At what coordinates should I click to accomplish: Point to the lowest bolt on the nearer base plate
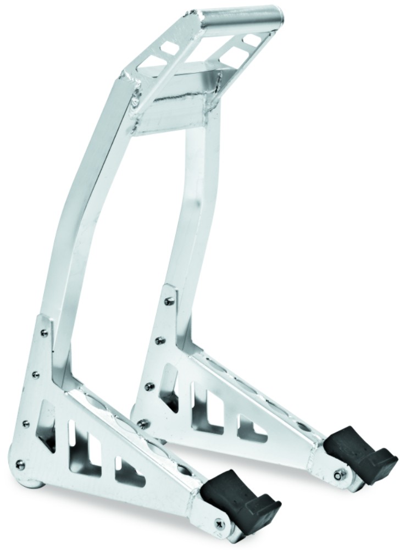[x=20, y=465]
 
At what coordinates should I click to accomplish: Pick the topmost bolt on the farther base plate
[x=168, y=301]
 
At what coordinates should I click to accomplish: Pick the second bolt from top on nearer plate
[x=36, y=375]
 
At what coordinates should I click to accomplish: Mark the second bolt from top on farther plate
[x=159, y=341]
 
